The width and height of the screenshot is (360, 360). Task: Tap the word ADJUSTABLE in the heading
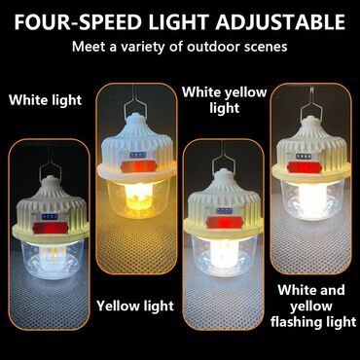pyautogui.click(x=280, y=22)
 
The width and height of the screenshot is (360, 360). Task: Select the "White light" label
pyautogui.click(x=46, y=100)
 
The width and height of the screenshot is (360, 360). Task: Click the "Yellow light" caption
pyautogui.click(x=135, y=306)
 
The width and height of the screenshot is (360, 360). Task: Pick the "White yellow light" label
pyautogui.click(x=225, y=100)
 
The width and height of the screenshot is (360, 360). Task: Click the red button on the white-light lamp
pyautogui.click(x=50, y=229)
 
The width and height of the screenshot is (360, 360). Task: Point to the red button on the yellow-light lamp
pyautogui.click(x=138, y=166)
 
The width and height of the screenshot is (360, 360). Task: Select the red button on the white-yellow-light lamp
pyautogui.click(x=225, y=223)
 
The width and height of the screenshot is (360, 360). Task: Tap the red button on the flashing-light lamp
pyautogui.click(x=304, y=167)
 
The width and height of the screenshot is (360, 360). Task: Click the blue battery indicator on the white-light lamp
pyautogui.click(x=50, y=217)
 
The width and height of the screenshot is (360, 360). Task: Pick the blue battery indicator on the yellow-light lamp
pyautogui.click(x=138, y=155)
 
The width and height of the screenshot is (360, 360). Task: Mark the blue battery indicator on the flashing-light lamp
pyautogui.click(x=304, y=157)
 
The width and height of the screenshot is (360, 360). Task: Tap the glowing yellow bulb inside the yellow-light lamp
pyautogui.click(x=138, y=196)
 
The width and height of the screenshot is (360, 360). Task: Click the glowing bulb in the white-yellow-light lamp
pyautogui.click(x=224, y=253)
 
